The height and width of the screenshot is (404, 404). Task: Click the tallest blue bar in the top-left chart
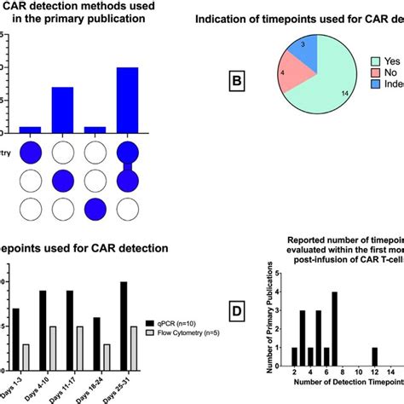[x=127, y=100]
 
